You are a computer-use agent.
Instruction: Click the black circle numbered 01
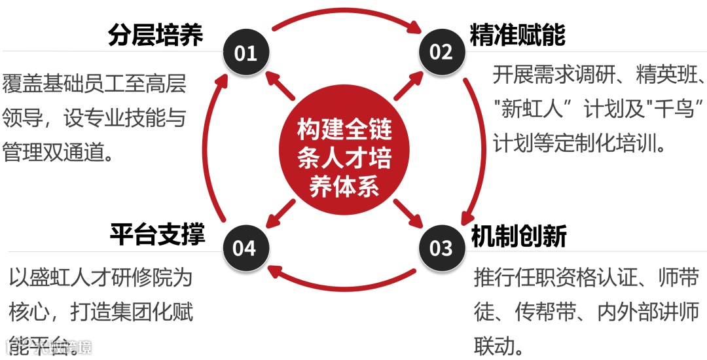pyautogui.click(x=245, y=52)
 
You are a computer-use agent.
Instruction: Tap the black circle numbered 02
pyautogui.click(x=440, y=52)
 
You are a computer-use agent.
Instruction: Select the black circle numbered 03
pyautogui.click(x=441, y=248)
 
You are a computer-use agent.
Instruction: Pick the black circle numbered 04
pyautogui.click(x=244, y=248)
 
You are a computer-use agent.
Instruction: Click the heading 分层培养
pyautogui.click(x=156, y=36)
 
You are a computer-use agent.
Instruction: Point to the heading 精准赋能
pyautogui.click(x=517, y=35)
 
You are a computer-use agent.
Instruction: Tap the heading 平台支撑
pyautogui.click(x=157, y=234)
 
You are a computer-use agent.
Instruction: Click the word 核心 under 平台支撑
pyautogui.click(x=27, y=312)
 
